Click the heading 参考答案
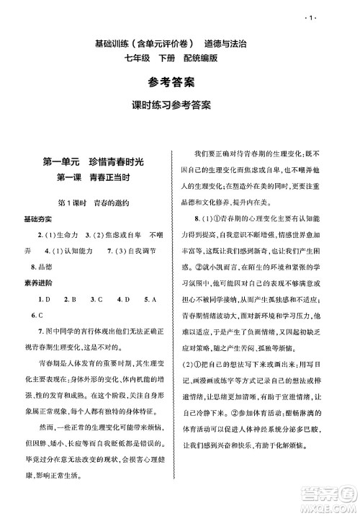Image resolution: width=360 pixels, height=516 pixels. click(x=180, y=81)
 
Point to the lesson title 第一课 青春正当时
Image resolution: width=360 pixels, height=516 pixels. click(x=96, y=178)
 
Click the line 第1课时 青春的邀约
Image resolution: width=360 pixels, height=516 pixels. click(x=96, y=204)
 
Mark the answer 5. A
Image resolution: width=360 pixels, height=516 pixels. click(x=150, y=298)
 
